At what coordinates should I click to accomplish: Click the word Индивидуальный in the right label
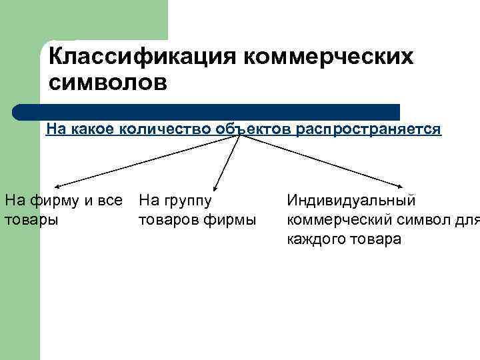pyautogui.click(x=351, y=200)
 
